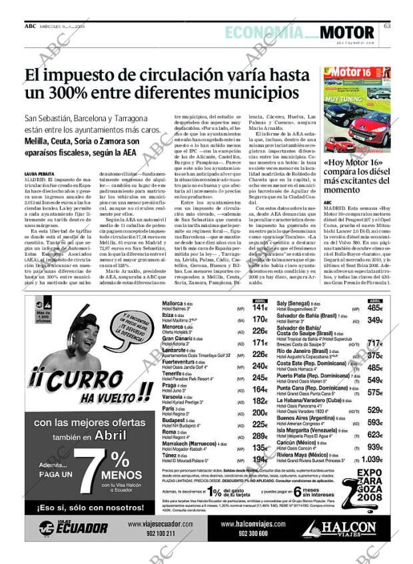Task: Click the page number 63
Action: (386, 26)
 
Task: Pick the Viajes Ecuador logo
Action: (73, 529)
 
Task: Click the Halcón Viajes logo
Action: (342, 529)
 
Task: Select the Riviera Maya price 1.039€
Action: (372, 459)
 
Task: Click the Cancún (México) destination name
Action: (296, 443)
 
